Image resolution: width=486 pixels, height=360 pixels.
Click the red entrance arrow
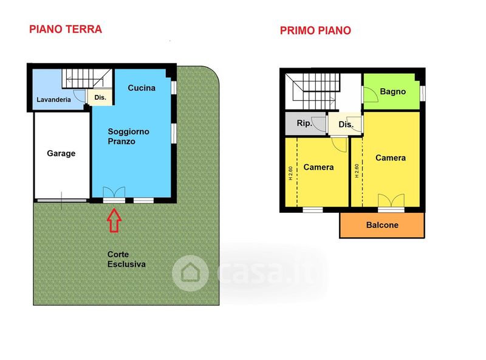coord(114,220)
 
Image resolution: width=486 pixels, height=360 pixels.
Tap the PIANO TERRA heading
coord(66,29)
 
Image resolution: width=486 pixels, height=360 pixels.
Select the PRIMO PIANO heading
coord(315,30)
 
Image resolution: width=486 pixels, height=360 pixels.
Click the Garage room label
coord(61,153)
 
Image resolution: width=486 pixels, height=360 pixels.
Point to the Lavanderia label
coord(53,100)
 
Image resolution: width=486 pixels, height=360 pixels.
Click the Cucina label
coord(142,88)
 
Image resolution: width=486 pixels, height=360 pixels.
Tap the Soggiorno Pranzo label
coord(128,136)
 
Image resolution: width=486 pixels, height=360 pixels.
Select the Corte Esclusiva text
coord(126,259)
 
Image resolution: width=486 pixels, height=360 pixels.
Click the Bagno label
coord(392,92)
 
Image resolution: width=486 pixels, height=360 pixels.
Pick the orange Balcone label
coord(382,225)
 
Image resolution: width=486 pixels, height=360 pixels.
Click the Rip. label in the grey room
coord(304,123)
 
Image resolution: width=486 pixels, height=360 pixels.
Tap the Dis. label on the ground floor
coord(100,97)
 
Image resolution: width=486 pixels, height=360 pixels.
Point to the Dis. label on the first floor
coord(346,125)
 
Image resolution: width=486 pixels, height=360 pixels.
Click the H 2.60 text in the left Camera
coord(290,173)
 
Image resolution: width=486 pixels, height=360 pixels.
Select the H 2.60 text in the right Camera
coord(357,171)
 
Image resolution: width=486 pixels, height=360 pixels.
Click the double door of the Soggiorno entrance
coord(114,192)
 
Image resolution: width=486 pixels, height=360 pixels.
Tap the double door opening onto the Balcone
coord(391,201)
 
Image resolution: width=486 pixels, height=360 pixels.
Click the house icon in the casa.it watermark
coord(190,273)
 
